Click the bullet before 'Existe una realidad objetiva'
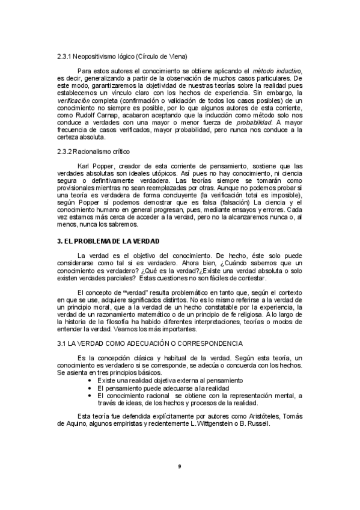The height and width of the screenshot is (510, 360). tap(90, 381)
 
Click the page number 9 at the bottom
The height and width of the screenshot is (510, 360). tap(180, 466)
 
